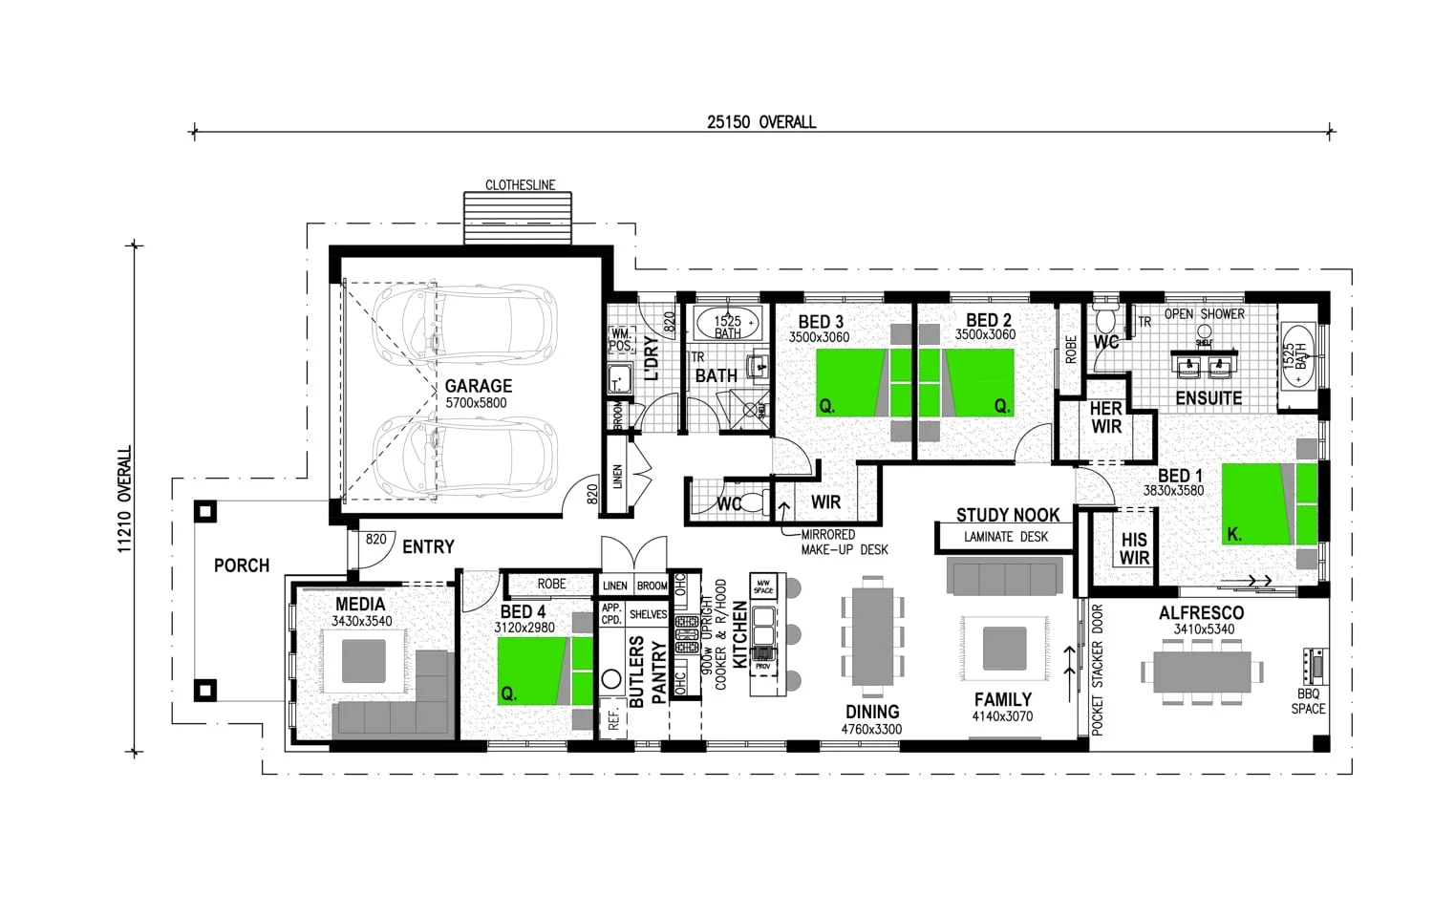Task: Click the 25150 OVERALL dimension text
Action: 761,122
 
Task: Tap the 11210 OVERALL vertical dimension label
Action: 125,500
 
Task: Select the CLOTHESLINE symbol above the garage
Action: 518,218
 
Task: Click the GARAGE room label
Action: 478,386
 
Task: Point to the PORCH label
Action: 242,565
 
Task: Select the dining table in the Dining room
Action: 871,635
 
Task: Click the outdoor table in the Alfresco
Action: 1202,672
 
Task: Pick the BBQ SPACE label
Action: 1308,701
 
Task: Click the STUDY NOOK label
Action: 1008,515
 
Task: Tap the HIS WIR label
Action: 1134,549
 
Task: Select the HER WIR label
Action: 1106,417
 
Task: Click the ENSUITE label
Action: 1208,398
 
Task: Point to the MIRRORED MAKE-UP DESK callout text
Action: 844,543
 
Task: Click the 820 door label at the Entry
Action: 376,540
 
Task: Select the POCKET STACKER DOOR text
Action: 1097,670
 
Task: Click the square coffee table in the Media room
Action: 363,661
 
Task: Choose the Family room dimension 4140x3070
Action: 1002,716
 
